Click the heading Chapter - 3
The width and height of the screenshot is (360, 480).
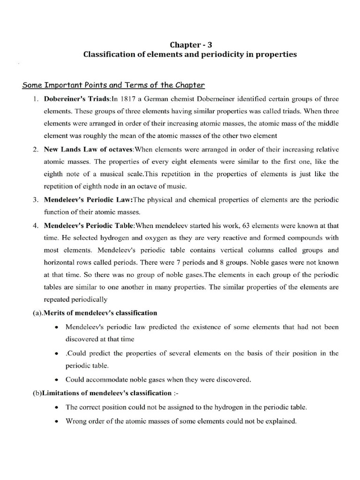coord(190,45)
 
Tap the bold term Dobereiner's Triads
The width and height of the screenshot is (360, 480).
coord(77,99)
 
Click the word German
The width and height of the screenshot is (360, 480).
coord(163,99)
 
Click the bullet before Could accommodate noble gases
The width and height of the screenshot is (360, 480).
coord(56,380)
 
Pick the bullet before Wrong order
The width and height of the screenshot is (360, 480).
coord(56,421)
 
